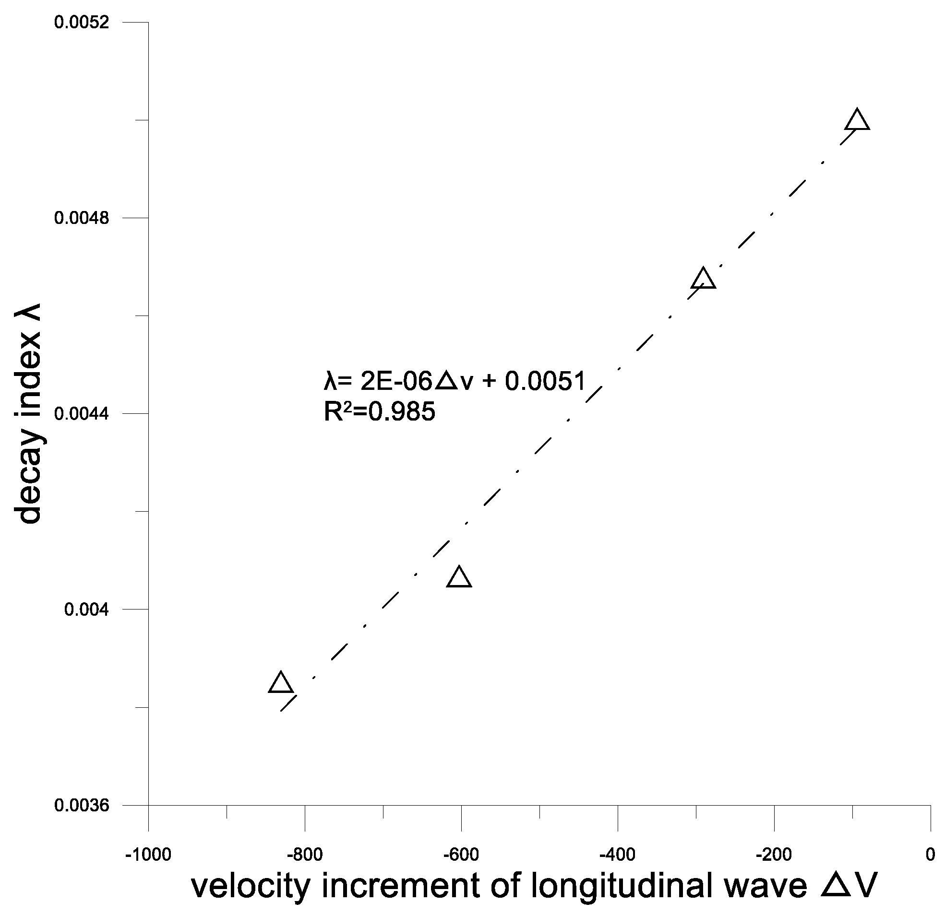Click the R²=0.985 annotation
point(380,412)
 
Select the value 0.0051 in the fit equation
point(545,382)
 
